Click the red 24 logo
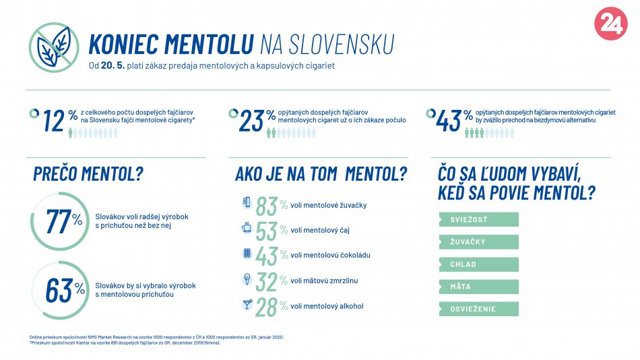[x=610, y=24]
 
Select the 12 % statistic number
[x=59, y=121]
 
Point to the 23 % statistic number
[x=257, y=121]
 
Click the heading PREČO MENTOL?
[x=88, y=174]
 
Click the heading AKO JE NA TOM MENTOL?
[x=321, y=174]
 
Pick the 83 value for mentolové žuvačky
[x=267, y=206]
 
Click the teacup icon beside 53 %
[x=246, y=229]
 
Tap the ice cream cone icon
[x=246, y=279]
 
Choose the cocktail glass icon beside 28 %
[x=246, y=305]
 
